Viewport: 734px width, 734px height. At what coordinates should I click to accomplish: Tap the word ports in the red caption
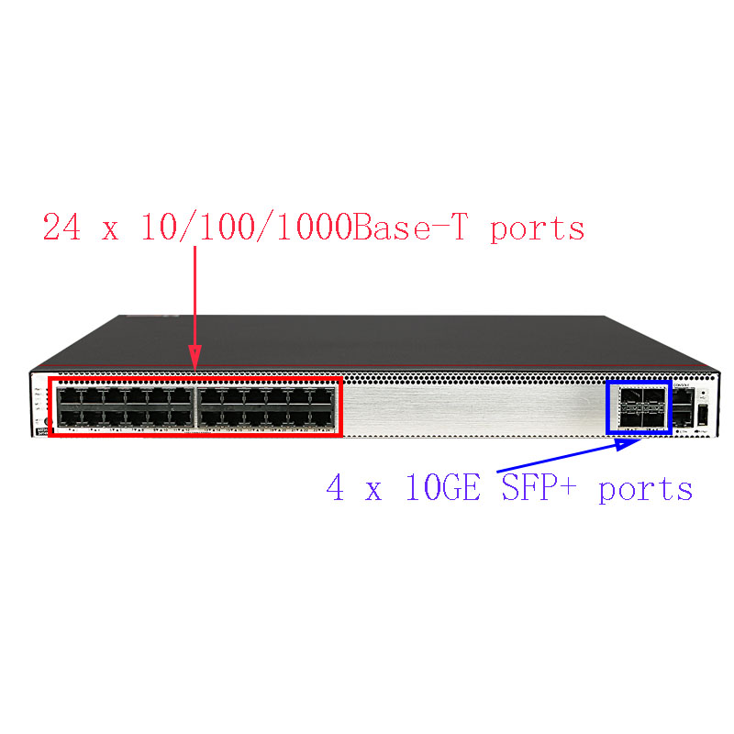pos(537,228)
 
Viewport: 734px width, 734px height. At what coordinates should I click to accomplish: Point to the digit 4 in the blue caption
pos(336,488)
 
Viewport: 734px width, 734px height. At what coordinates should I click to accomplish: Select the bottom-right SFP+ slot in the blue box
pos(655,417)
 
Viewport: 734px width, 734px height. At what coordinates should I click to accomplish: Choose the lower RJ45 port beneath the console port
pos(684,418)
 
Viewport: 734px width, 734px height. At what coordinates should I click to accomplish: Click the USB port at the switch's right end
pos(704,418)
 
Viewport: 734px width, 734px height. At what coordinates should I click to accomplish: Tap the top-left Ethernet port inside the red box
pos(68,396)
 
